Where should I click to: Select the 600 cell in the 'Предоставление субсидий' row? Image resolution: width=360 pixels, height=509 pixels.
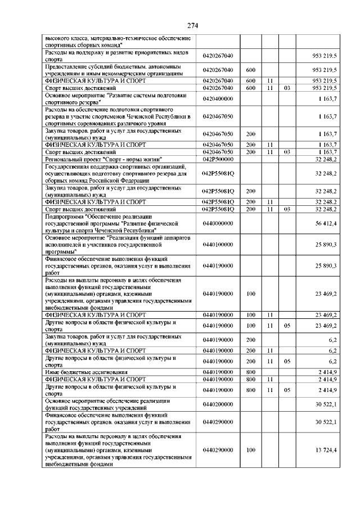(x=251, y=70)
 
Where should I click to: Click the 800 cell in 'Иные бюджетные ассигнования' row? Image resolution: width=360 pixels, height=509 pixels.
(x=251, y=372)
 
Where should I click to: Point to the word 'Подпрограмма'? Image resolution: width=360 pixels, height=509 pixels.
(x=64, y=216)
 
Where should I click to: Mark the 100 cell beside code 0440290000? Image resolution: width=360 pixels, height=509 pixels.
(x=251, y=450)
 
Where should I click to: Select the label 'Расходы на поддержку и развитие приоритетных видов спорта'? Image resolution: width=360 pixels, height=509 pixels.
(x=117, y=55)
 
